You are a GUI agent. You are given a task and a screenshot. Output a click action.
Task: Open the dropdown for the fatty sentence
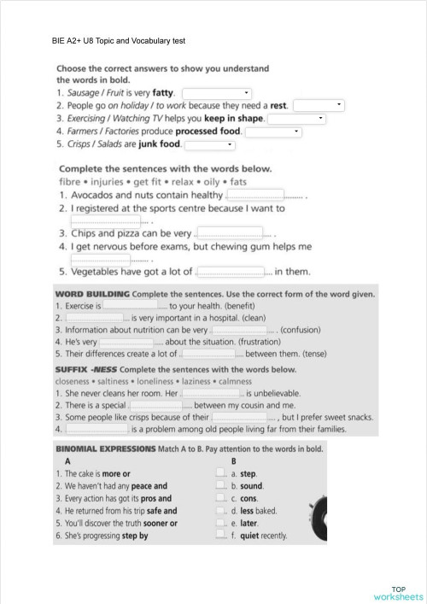point(217,91)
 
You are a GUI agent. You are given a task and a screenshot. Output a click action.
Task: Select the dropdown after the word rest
point(318,105)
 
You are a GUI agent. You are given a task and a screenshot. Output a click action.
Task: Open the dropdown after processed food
point(273,132)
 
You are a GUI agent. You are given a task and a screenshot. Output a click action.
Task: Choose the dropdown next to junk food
point(209,145)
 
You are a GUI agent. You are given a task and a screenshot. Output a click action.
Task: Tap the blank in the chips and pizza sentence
point(230,232)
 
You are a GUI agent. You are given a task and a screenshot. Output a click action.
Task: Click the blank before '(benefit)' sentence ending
point(130,305)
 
